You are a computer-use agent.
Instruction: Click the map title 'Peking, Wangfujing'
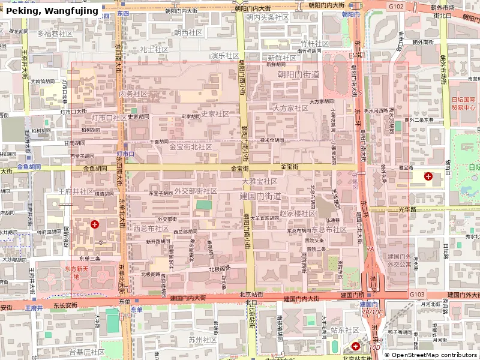point(52,11)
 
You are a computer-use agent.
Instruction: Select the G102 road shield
point(396,5)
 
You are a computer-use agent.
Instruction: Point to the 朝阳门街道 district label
point(298,74)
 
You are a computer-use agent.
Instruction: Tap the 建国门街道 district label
point(260,196)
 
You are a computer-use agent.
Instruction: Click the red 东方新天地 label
point(76,273)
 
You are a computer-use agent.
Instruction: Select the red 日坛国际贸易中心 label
point(463,104)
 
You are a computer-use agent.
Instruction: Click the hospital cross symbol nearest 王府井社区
point(95,224)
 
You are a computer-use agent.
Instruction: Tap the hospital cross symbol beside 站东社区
point(356,346)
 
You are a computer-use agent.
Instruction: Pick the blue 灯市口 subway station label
point(126,154)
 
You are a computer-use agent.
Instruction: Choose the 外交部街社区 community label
point(196,191)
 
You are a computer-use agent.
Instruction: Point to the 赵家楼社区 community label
point(298,213)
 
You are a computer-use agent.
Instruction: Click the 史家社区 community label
point(215,113)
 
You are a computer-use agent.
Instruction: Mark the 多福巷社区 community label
point(55,34)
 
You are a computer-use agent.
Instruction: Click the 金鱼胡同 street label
point(29,166)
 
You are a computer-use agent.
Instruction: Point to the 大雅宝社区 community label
point(259,181)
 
